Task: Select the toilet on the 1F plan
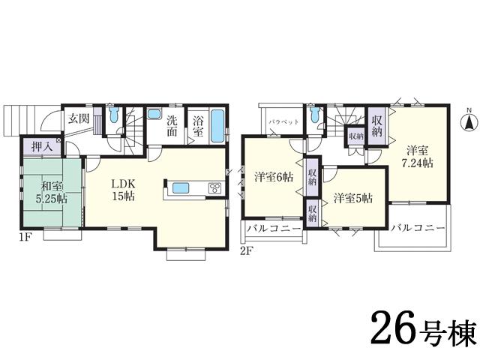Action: click(113, 117)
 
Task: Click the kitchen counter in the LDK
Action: click(192, 188)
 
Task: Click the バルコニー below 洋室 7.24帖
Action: click(418, 227)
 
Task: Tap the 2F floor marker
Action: click(245, 250)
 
